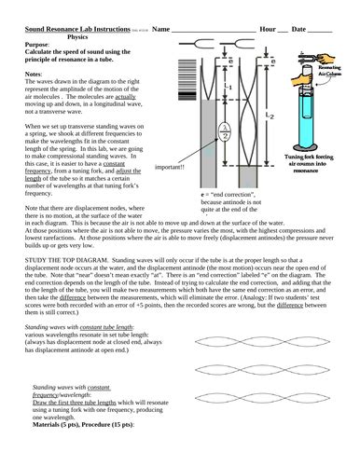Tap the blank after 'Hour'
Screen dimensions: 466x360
(x=282, y=31)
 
